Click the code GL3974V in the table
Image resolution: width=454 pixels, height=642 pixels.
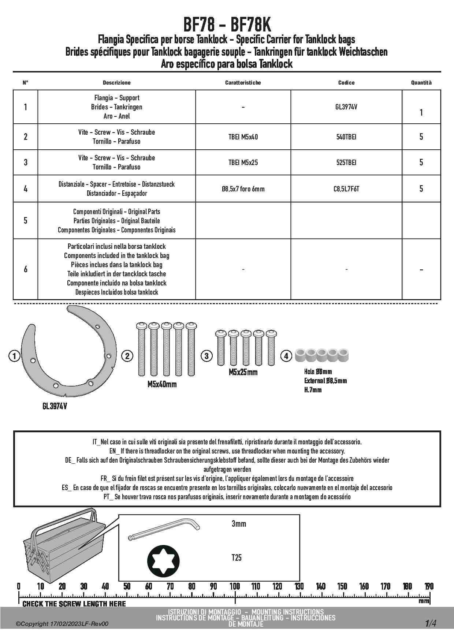346,107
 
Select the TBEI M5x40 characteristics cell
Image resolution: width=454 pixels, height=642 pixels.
243,137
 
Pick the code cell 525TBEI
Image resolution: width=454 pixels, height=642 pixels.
346,163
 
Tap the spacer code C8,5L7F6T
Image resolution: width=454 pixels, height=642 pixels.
346,189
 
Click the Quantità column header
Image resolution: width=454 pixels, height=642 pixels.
421,83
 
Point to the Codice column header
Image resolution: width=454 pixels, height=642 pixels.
346,83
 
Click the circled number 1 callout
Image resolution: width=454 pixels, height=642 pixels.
14,356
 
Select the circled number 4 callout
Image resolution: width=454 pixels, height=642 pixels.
286,356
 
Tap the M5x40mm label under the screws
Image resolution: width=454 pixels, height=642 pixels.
162,384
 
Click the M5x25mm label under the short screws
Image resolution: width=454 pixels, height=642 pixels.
243,372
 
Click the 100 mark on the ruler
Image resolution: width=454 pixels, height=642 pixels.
235,586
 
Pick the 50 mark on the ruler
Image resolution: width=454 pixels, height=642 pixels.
127,586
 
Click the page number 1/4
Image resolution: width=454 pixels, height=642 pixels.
431,623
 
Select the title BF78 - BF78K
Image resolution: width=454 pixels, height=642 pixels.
227,25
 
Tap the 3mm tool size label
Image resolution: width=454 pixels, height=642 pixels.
239,524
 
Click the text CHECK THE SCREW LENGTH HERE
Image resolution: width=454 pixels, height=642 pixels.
74,604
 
